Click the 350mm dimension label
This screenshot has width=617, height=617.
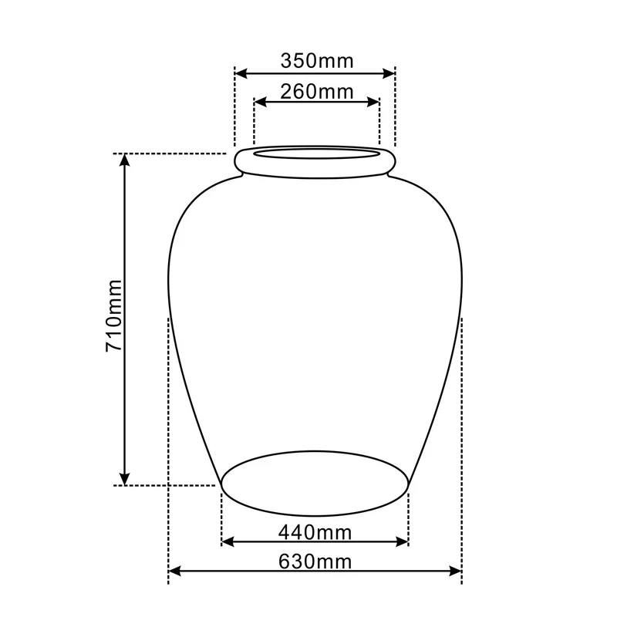(x=317, y=61)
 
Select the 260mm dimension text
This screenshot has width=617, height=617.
(x=317, y=92)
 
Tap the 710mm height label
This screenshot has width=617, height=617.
(x=114, y=315)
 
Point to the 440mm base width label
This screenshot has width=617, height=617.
(x=315, y=532)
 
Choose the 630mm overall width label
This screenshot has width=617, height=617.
(x=315, y=561)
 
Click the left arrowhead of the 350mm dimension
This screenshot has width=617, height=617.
(x=241, y=73)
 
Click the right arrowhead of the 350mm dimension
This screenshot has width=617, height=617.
(x=389, y=73)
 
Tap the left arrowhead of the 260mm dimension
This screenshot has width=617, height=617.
(x=261, y=103)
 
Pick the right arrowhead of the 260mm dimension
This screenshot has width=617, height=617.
(x=373, y=103)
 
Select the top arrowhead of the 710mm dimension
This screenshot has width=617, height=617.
(x=125, y=160)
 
